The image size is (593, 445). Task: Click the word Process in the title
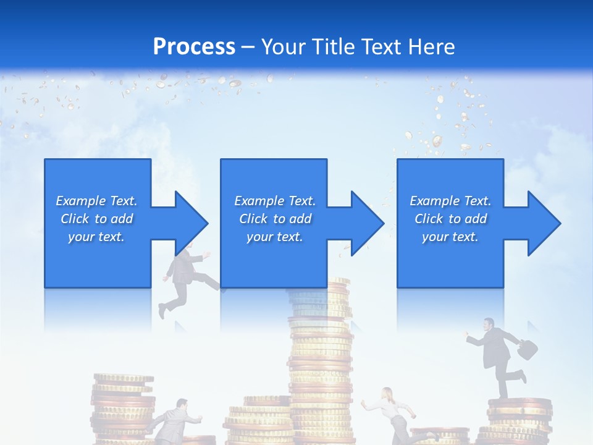point(194,46)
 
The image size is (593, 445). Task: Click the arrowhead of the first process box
point(192,223)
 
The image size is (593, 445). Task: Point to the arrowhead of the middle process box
point(368,223)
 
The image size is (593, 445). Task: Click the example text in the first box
point(96,218)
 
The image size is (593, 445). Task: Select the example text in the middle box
point(274,218)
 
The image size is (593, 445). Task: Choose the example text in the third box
point(450,218)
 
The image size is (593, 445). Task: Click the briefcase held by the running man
point(526,350)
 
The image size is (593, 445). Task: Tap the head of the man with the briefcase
point(489,324)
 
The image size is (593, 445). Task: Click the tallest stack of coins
point(321,371)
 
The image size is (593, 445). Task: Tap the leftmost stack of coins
point(122,408)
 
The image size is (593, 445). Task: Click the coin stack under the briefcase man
point(519,420)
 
